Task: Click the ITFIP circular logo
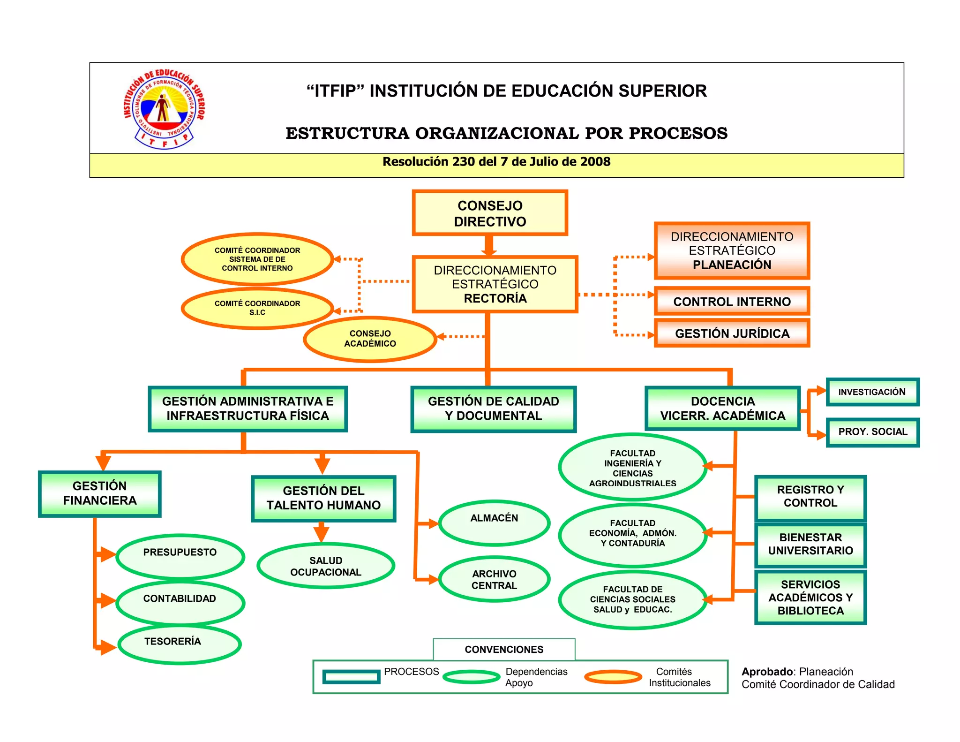click(164, 109)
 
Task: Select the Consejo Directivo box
click(490, 213)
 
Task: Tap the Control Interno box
click(732, 302)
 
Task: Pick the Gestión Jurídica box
click(732, 333)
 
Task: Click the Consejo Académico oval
click(370, 339)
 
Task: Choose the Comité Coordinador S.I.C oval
click(257, 308)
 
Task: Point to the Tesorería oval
click(180, 644)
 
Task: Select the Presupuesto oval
click(180, 556)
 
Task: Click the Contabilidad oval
click(180, 602)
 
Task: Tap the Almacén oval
click(494, 522)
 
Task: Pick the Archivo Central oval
click(494, 580)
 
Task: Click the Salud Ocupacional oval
click(326, 566)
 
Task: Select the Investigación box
click(872, 392)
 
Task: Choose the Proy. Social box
click(872, 432)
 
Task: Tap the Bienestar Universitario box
click(810, 544)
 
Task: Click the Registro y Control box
click(810, 497)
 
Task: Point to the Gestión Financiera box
click(100, 493)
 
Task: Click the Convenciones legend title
click(504, 650)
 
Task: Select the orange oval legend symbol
click(613, 677)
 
